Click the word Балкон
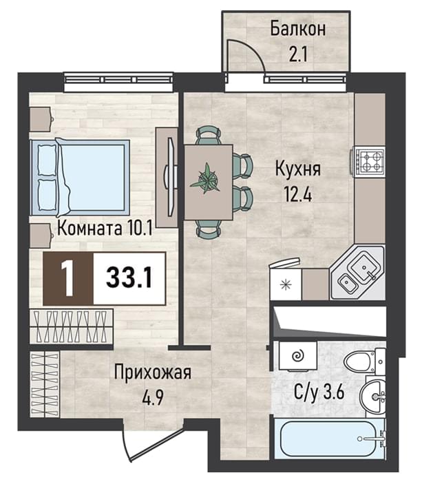(297, 29)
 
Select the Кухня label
(298, 169)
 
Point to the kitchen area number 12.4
(298, 194)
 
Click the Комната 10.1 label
(105, 229)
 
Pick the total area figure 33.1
(129, 277)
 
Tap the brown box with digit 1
(68, 278)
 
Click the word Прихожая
(153, 372)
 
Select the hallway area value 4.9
(153, 398)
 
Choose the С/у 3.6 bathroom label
(319, 392)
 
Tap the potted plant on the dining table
(205, 180)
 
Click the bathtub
(329, 438)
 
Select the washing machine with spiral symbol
(297, 356)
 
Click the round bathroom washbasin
(373, 397)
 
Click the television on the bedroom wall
(171, 178)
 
